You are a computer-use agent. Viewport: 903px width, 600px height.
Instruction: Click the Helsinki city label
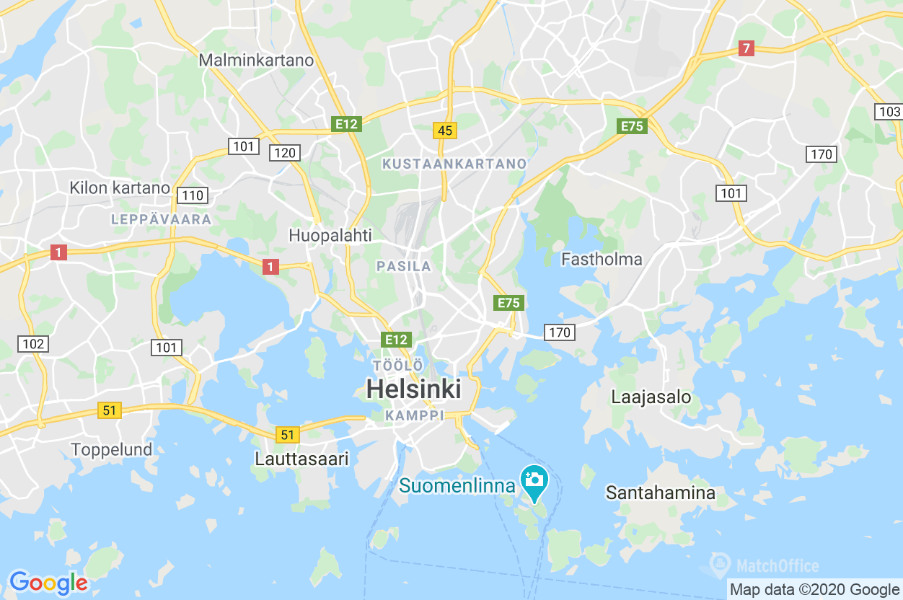coord(413,389)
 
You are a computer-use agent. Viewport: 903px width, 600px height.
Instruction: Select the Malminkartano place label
coord(256,60)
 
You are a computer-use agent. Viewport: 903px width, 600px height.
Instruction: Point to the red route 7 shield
coord(746,49)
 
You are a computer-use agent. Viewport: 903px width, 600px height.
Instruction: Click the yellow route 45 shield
coord(445,131)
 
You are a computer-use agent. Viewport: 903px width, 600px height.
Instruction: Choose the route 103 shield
coord(889,112)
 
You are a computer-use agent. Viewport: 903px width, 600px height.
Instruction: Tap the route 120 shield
coord(284,152)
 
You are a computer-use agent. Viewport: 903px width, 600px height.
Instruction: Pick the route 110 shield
coord(193,195)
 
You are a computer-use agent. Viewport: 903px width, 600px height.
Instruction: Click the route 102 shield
coord(33,344)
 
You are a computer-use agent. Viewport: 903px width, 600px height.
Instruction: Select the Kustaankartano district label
coord(454,164)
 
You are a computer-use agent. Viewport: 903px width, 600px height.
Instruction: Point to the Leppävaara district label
coord(162,219)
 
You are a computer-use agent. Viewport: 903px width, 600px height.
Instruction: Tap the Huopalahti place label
coord(330,235)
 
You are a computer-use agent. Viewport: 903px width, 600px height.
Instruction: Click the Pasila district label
coord(404,267)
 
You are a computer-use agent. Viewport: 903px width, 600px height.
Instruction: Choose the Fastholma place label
coord(602,259)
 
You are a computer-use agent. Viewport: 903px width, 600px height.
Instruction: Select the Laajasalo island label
coord(651,397)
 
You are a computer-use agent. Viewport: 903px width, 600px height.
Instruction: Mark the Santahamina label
coord(660,493)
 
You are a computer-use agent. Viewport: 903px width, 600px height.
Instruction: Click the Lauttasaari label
coord(301,459)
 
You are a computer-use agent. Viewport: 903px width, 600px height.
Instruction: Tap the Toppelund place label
coord(112,449)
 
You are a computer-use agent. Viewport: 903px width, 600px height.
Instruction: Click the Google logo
coord(48,582)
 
